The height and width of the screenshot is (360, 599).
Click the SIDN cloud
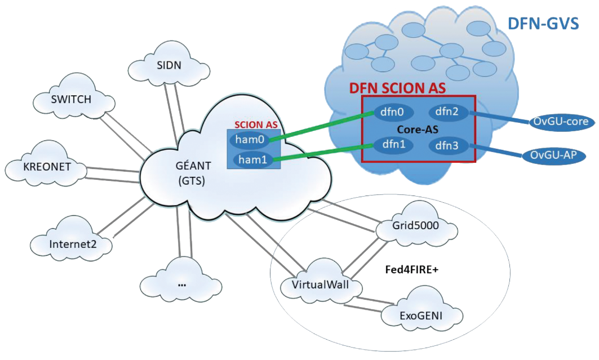(169, 66)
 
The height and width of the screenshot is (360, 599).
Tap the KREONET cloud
(47, 168)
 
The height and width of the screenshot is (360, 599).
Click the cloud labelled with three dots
(181, 284)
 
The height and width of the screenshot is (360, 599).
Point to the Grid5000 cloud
(416, 226)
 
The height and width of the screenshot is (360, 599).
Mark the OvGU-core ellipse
(561, 122)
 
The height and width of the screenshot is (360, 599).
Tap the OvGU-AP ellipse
(556, 154)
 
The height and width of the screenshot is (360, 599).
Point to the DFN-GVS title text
(543, 24)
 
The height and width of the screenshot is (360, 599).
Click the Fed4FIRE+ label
(411, 270)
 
